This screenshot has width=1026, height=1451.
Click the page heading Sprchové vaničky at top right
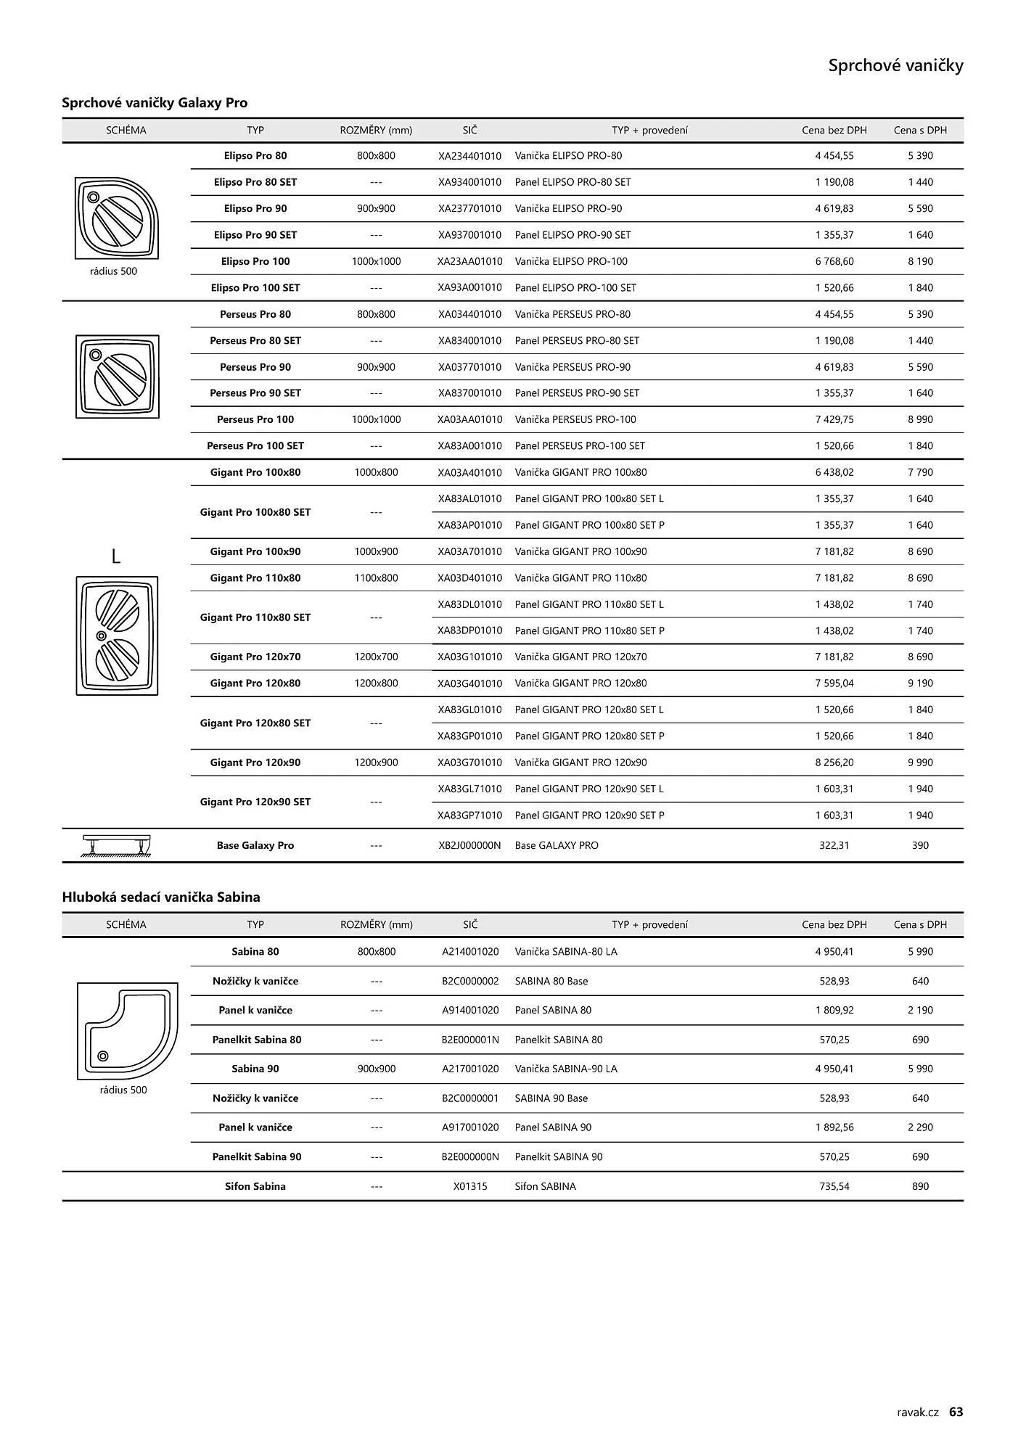click(895, 66)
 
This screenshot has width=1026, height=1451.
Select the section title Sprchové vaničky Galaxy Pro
click(155, 103)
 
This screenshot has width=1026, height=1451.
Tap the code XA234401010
click(469, 156)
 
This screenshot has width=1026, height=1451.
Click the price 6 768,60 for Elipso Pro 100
click(834, 261)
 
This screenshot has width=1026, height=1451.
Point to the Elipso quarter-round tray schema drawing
click(116, 218)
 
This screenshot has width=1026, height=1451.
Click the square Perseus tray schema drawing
click(117, 377)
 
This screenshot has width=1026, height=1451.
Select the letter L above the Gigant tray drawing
click(115, 556)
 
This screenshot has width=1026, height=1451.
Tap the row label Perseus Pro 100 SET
click(255, 446)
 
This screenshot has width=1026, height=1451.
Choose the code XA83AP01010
click(469, 525)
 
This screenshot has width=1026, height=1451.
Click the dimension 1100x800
click(376, 578)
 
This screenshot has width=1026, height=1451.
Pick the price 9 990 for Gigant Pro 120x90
click(920, 763)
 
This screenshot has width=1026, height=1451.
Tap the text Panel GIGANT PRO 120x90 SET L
click(588, 789)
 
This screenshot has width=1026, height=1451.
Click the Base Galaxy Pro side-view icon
click(117, 845)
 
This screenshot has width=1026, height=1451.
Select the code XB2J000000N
click(469, 845)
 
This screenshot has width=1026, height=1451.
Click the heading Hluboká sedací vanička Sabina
click(161, 897)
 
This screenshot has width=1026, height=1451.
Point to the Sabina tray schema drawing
click(127, 1031)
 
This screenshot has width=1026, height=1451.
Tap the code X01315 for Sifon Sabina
click(470, 1186)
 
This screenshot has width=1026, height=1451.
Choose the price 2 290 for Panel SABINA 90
click(920, 1127)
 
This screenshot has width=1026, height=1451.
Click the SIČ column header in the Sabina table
click(470, 925)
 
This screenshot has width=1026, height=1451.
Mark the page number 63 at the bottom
click(956, 1412)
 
